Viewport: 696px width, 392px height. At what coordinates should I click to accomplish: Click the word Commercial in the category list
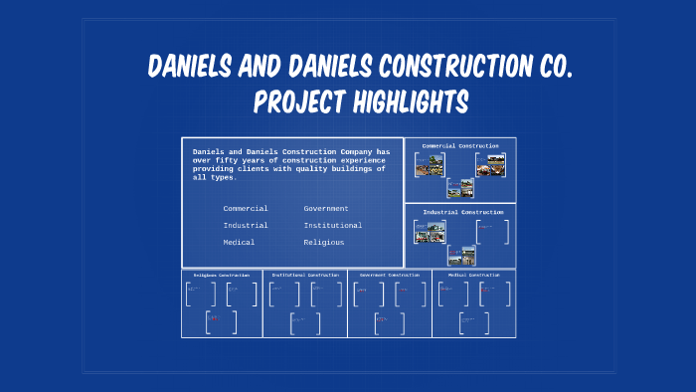coord(246,208)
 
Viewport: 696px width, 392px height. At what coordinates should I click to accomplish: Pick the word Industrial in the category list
coord(246,225)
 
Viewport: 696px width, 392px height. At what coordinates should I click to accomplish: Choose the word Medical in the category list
coord(239,242)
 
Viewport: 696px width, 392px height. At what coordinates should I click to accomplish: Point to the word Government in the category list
coord(326,208)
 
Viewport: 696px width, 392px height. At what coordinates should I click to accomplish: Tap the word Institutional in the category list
coord(333,225)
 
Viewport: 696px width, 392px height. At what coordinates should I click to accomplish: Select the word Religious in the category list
coord(324,242)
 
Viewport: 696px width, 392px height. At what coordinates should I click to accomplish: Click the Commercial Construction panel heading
coord(460,146)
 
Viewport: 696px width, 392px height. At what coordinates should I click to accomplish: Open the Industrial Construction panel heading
coord(462,212)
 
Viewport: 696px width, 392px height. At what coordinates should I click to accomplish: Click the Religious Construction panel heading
coord(221,275)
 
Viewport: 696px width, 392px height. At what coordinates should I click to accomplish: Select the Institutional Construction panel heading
coord(305,275)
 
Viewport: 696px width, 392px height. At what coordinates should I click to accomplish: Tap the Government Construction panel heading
coord(390,275)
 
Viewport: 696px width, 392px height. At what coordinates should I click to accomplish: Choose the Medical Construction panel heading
coord(473,275)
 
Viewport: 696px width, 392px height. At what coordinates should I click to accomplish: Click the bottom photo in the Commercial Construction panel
coord(459,188)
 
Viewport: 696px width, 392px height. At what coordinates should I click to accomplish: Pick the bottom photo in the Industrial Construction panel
coord(460,255)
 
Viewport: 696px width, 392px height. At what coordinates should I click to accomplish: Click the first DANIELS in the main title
coord(198,68)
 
